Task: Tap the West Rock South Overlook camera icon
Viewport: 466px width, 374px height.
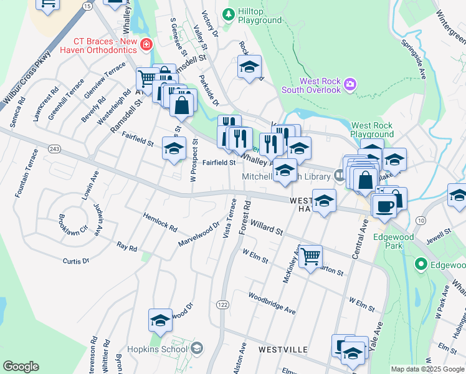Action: [350, 84]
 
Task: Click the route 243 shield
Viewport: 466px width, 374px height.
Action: [53, 148]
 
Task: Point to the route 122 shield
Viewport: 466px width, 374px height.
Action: [222, 304]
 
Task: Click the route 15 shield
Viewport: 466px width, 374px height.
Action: [87, 6]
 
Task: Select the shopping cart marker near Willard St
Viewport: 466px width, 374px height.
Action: [310, 256]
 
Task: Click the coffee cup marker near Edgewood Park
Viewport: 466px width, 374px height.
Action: [384, 206]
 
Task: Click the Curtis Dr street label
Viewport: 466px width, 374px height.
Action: [76, 261]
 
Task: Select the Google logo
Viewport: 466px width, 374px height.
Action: [21, 367]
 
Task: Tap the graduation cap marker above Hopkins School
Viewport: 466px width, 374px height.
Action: [160, 320]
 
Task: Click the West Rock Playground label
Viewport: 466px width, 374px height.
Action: [372, 130]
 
